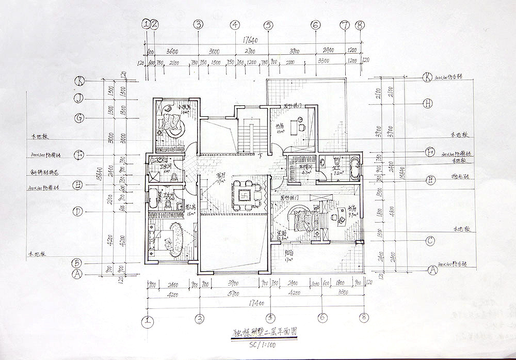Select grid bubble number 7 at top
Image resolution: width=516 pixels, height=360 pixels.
345,25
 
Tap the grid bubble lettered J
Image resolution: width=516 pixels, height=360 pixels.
79,99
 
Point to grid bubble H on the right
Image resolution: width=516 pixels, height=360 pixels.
428,103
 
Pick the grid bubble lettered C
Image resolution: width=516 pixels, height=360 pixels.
430,241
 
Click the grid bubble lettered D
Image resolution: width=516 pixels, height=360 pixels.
78,211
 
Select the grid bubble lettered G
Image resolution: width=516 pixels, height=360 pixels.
79,118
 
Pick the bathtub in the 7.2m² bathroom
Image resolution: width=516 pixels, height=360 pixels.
354,169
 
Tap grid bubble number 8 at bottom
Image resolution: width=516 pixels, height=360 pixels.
365,318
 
